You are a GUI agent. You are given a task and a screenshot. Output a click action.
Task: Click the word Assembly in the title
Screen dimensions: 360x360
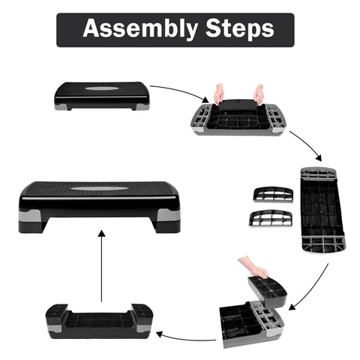tap(140, 28)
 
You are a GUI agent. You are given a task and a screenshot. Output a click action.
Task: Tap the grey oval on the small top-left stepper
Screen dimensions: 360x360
tap(101, 88)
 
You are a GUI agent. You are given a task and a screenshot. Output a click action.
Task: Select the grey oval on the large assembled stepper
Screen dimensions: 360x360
tap(99, 189)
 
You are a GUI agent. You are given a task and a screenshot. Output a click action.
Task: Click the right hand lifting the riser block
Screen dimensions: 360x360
tap(259, 94)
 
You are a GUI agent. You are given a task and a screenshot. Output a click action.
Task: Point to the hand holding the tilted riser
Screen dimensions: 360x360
tap(253, 268)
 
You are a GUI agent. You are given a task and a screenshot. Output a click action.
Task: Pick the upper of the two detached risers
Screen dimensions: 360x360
tap(273, 194)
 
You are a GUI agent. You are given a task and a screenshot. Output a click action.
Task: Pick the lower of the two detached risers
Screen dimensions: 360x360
tap(271, 218)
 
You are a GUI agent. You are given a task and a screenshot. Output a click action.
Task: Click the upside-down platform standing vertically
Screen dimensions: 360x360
tap(322, 209)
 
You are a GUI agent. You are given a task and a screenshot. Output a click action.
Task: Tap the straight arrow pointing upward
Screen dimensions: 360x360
tap(101, 266)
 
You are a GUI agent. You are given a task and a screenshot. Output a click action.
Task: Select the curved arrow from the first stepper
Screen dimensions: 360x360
tap(181, 91)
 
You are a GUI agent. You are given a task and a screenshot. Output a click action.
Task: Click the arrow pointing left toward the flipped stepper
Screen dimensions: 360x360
tap(186, 337)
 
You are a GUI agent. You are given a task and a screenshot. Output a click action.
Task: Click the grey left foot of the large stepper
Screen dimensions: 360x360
tap(30, 216)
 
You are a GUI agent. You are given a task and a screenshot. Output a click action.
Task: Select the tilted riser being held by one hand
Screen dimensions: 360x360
tap(267, 292)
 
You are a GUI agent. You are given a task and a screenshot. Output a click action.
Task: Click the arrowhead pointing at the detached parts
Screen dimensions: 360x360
tap(319, 158)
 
